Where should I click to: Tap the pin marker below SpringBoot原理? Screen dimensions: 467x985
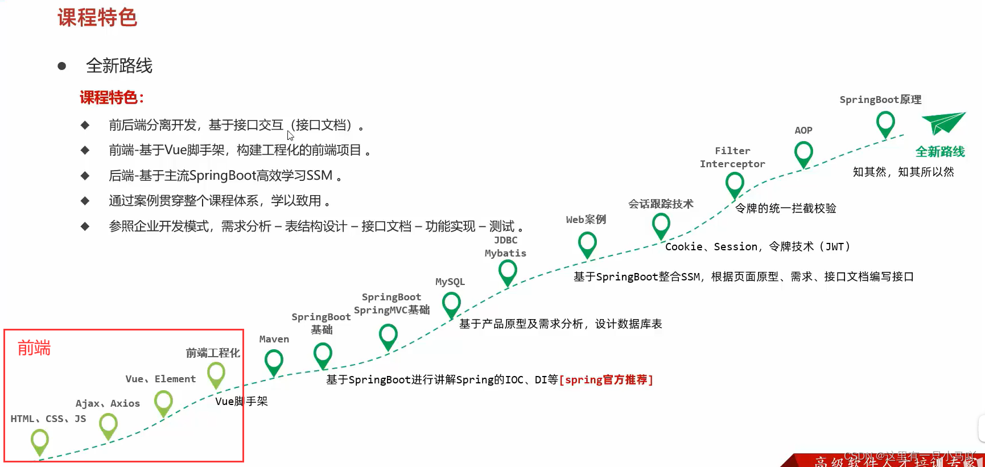(x=885, y=123)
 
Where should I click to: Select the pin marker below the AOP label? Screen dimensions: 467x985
(x=803, y=154)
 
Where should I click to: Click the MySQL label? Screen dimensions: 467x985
(x=450, y=282)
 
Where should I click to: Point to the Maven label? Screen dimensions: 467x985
(x=274, y=339)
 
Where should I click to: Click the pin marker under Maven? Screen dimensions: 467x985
(x=274, y=362)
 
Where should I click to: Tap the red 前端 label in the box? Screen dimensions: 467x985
(x=34, y=348)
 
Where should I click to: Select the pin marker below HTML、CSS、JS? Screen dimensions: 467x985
(x=40, y=441)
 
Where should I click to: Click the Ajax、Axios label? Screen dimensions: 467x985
(x=108, y=403)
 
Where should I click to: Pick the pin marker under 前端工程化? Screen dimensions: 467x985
(x=216, y=375)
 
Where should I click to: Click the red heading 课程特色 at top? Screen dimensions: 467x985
(x=97, y=18)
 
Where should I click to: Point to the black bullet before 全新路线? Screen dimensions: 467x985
(x=62, y=67)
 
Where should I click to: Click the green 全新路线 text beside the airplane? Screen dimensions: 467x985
(x=940, y=152)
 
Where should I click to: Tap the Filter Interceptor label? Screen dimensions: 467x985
(x=732, y=158)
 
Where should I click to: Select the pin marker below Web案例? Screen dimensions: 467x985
(x=587, y=245)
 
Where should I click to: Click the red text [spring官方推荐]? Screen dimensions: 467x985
(x=606, y=379)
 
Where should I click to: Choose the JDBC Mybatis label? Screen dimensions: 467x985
(x=505, y=247)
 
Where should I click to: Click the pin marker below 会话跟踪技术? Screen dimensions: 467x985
(x=661, y=225)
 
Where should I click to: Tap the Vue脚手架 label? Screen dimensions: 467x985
(x=241, y=401)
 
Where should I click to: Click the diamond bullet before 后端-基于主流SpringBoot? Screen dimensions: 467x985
(x=85, y=176)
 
